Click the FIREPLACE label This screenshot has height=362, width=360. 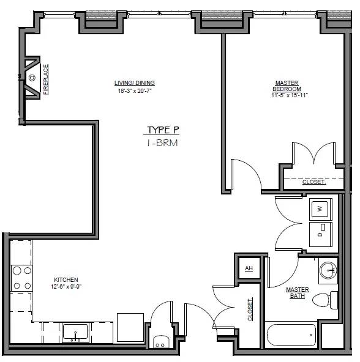[x=46, y=79]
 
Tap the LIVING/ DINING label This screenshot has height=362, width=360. [x=135, y=83]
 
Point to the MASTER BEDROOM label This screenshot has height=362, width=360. [x=287, y=86]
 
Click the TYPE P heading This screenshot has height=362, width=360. [x=163, y=130]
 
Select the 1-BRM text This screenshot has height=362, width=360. [x=162, y=143]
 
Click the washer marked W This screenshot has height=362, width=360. [x=320, y=209]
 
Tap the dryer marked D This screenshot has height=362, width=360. [x=320, y=234]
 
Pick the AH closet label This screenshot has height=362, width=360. [x=249, y=268]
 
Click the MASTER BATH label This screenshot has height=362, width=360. [x=298, y=292]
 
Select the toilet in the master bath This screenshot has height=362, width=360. [x=324, y=300]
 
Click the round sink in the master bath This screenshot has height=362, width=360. [x=328, y=270]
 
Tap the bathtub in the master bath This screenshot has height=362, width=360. [x=291, y=334]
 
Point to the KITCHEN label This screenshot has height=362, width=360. [x=66, y=280]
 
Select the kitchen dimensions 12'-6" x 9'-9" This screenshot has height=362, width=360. [x=66, y=287]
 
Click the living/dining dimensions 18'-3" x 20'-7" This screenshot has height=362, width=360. [x=135, y=91]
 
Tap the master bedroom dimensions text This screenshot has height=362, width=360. [x=290, y=95]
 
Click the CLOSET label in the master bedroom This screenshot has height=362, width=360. [x=313, y=182]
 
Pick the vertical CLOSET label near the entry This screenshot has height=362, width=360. [x=250, y=309]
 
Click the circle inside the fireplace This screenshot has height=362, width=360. [x=32, y=78]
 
